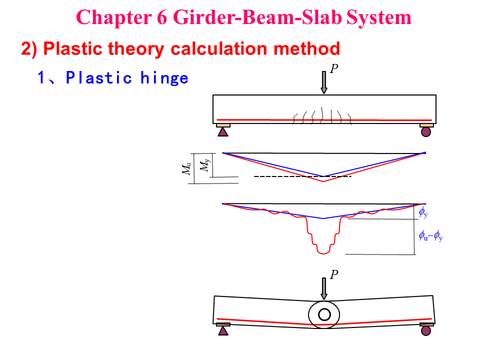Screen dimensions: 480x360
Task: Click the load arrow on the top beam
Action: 324,82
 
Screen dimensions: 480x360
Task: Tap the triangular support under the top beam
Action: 223,132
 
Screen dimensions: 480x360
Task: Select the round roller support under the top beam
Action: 426,132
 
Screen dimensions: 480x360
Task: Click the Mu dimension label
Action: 186,169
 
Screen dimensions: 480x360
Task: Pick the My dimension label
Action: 204,165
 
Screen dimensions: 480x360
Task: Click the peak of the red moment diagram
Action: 323,181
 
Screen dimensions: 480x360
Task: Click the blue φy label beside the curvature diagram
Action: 423,214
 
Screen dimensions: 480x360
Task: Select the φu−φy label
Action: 431,235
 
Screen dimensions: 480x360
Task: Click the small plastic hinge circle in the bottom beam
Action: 324,314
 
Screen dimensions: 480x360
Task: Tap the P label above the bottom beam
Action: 334,274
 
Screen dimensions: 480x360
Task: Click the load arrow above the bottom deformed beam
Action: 324,288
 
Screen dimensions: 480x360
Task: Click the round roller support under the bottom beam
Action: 426,330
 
